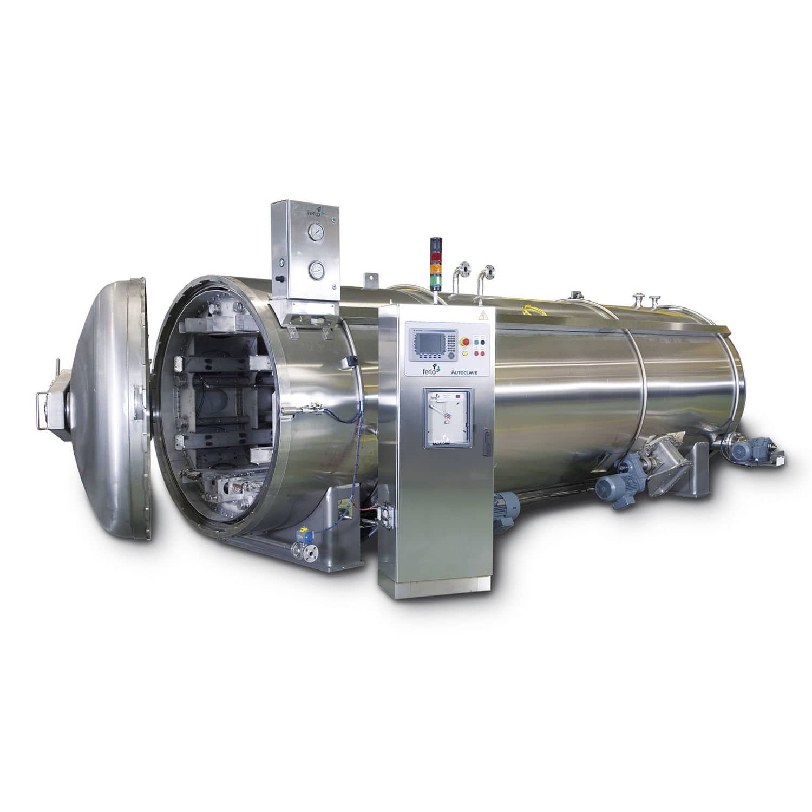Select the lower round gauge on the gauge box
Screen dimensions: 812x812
pos(314,269)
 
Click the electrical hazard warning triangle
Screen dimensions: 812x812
pos(480,316)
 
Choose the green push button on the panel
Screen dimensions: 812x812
pos(477,341)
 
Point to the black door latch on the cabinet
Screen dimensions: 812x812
pos(486,436)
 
